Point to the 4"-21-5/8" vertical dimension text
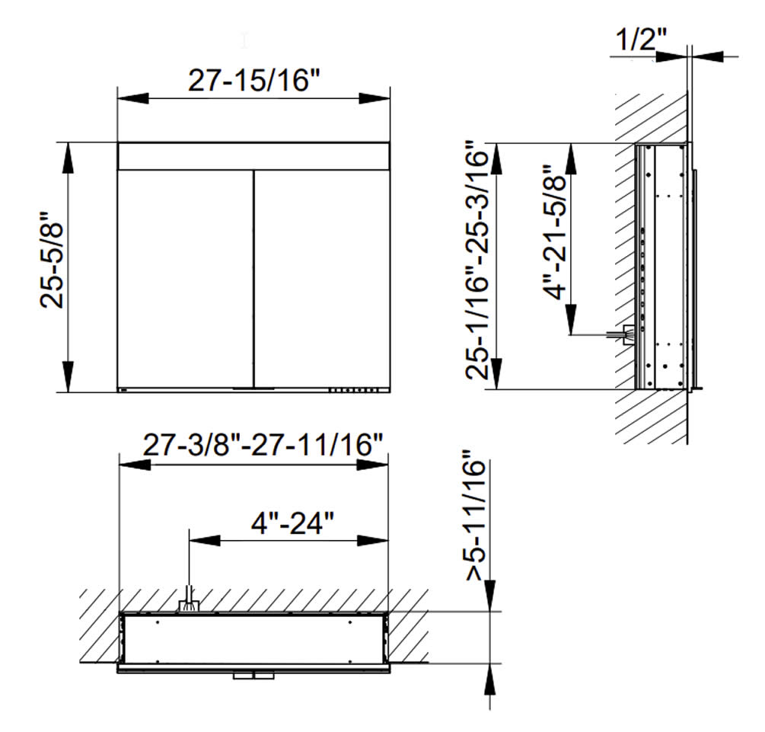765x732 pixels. pos(555,232)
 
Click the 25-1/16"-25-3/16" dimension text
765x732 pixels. pos(477,261)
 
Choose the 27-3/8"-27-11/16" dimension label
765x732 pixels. pos(263,445)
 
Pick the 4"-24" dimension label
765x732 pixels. pos(292,523)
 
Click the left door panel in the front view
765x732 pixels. pos(186,278)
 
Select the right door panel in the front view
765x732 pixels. pos(322,278)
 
